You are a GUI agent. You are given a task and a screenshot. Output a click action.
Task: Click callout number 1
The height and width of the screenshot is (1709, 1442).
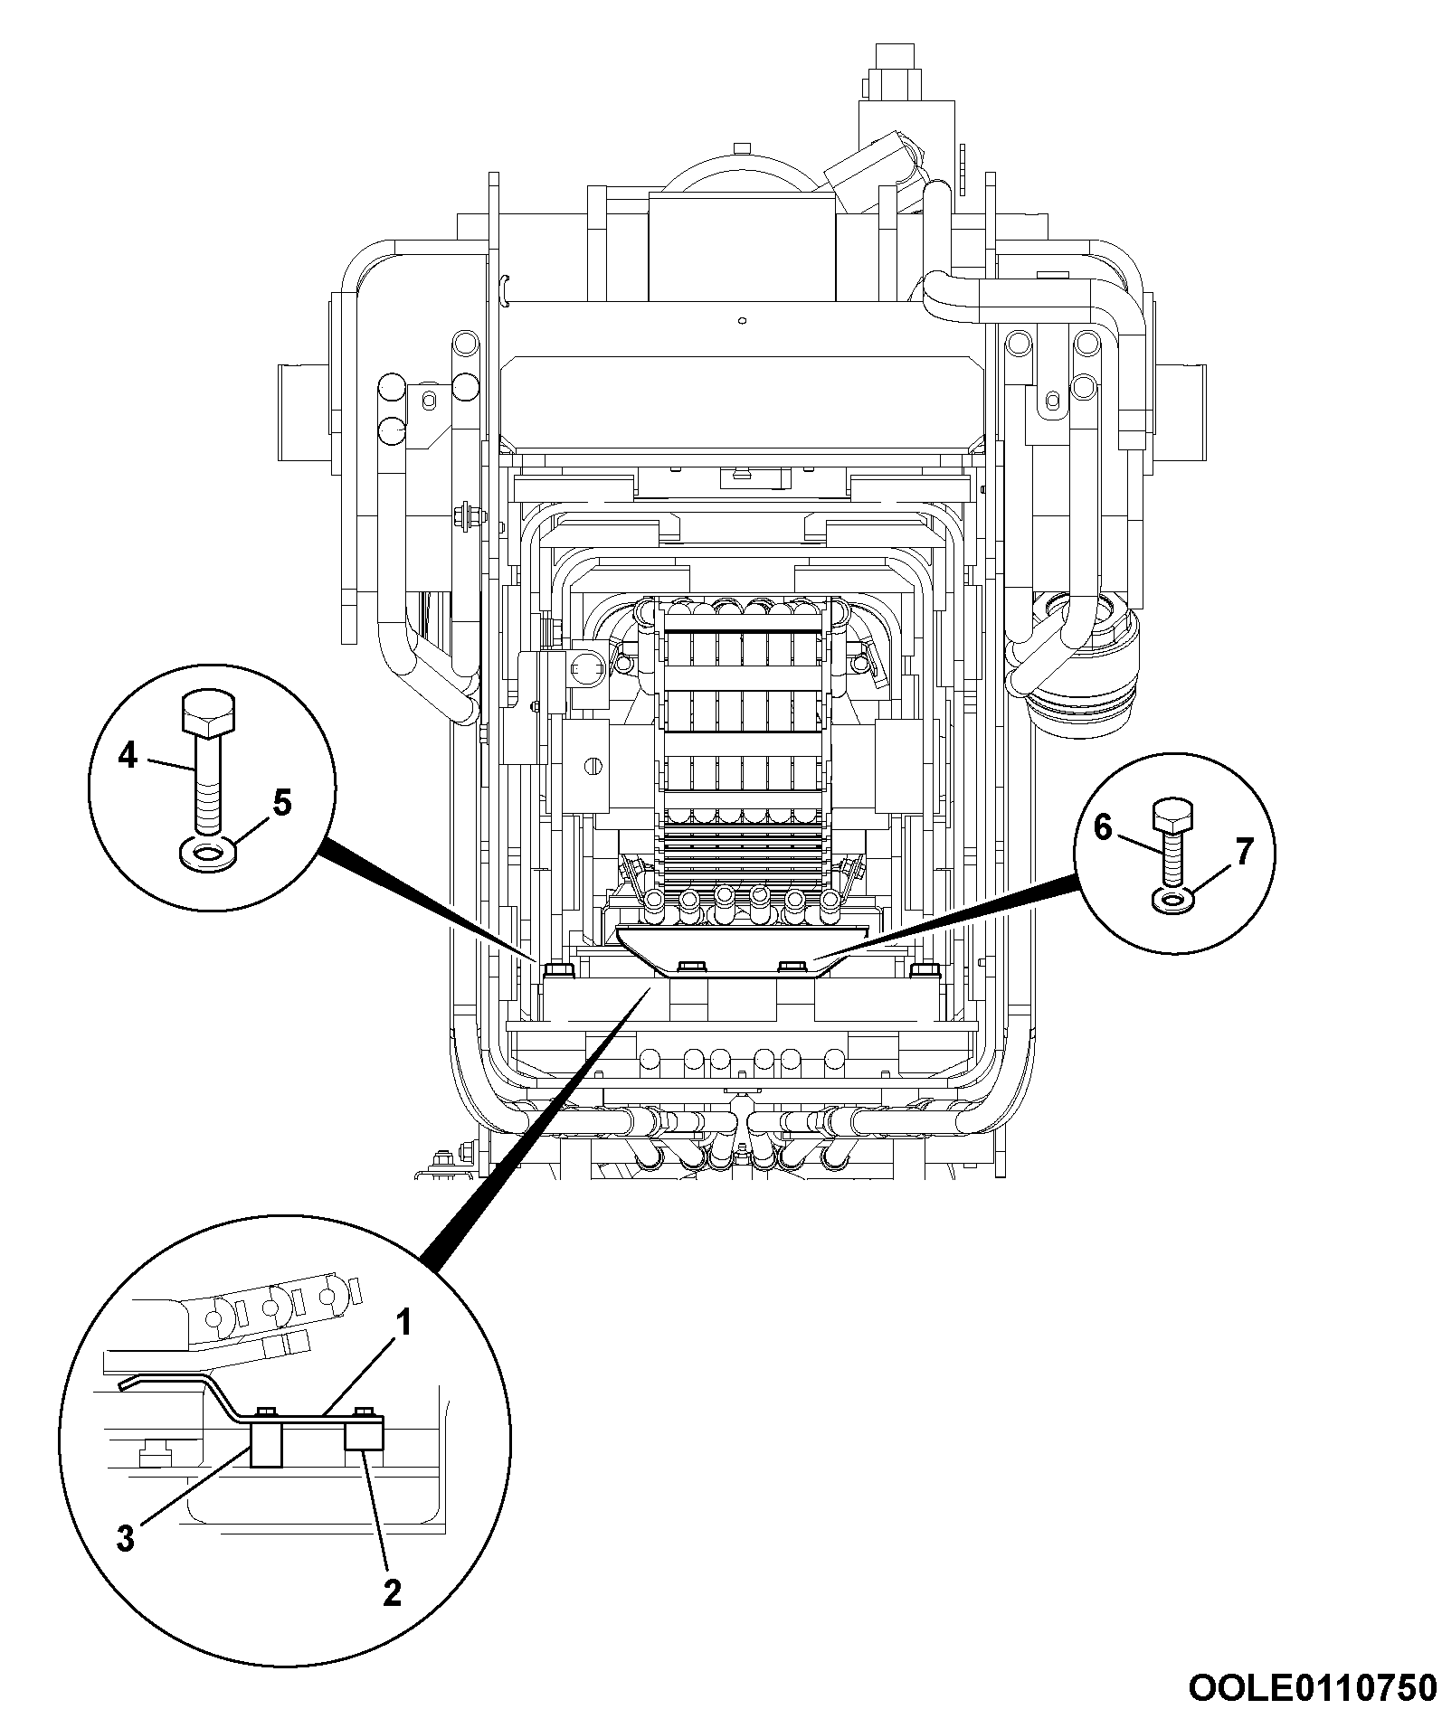(x=404, y=1326)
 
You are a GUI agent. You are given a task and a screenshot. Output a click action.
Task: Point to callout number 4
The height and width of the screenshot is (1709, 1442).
(x=128, y=753)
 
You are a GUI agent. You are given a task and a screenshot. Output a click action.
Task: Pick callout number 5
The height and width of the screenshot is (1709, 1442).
(x=282, y=801)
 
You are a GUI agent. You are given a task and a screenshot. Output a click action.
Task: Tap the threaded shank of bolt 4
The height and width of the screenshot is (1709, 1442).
(x=210, y=788)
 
